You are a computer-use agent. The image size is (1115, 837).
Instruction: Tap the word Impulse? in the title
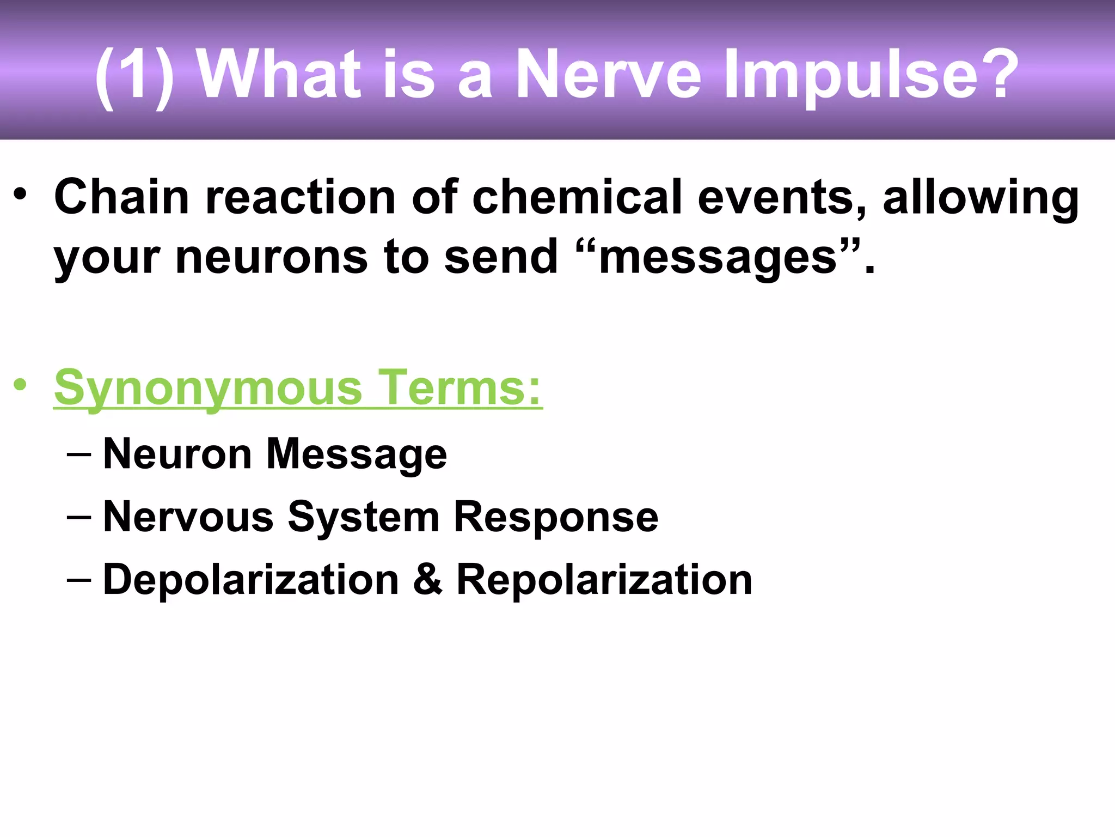pyautogui.click(x=871, y=76)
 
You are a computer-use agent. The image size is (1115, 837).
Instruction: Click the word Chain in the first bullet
pyautogui.click(x=121, y=197)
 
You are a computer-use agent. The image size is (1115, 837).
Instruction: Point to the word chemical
pyautogui.click(x=577, y=197)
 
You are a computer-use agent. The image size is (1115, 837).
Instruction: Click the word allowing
pyautogui.click(x=981, y=199)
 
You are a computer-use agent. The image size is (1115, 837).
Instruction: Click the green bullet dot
pyautogui.click(x=20, y=385)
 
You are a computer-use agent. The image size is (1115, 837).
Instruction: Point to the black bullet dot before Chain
pyautogui.click(x=20, y=194)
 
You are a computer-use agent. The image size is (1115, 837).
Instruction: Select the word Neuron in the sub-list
pyautogui.click(x=177, y=453)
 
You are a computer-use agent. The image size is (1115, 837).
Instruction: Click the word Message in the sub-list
pyautogui.click(x=357, y=455)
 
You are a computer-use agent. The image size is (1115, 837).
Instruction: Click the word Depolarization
pyautogui.click(x=251, y=579)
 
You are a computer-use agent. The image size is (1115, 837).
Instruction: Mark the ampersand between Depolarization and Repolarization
pyautogui.click(x=427, y=579)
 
